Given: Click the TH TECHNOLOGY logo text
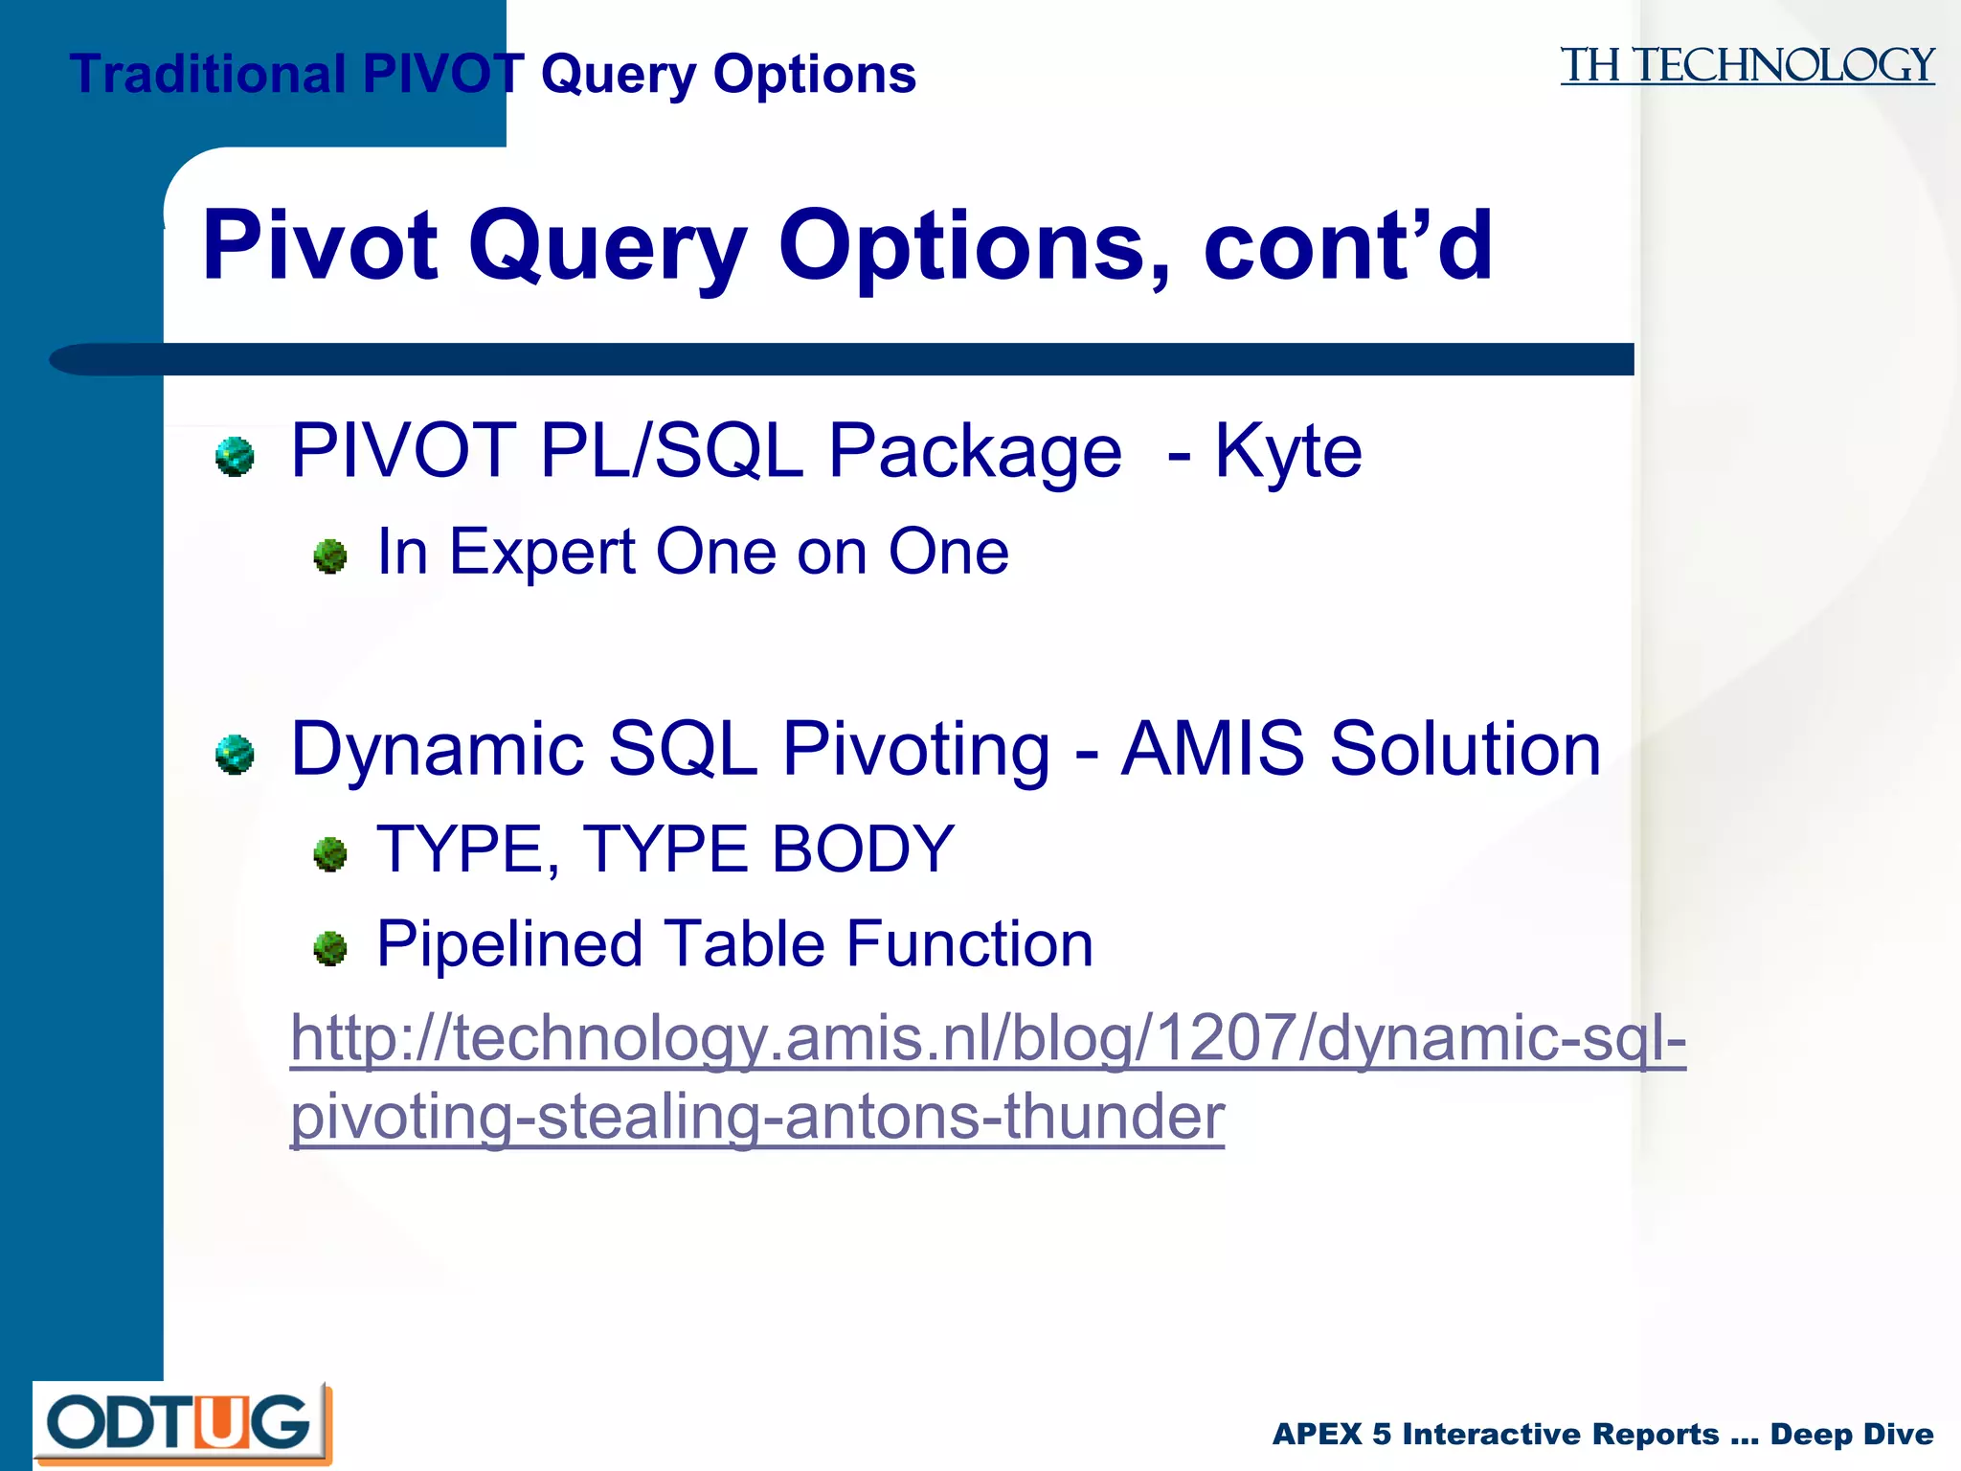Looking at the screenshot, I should pos(1747,66).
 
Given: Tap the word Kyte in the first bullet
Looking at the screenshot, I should pos(1288,451).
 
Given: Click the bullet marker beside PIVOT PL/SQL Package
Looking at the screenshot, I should pos(235,457).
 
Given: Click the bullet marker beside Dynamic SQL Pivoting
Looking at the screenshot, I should pos(235,755).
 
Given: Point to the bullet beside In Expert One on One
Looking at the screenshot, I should pos(330,556).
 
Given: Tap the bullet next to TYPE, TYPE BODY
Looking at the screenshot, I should pos(330,854).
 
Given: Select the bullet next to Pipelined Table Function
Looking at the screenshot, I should pos(330,948).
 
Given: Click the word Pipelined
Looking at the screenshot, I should pos(508,944).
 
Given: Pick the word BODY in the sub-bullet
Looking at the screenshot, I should pos(863,849).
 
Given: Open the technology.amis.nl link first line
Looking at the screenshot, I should pos(987,1038).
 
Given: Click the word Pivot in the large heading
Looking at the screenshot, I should pos(321,246).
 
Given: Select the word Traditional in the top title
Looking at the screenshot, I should pos(208,74).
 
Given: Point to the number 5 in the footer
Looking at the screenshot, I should pos(1381,1434).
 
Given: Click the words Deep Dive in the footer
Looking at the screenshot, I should pos(1851,1434).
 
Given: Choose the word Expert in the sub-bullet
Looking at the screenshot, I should pos(543,553).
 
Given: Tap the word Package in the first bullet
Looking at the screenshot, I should pos(974,451).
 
